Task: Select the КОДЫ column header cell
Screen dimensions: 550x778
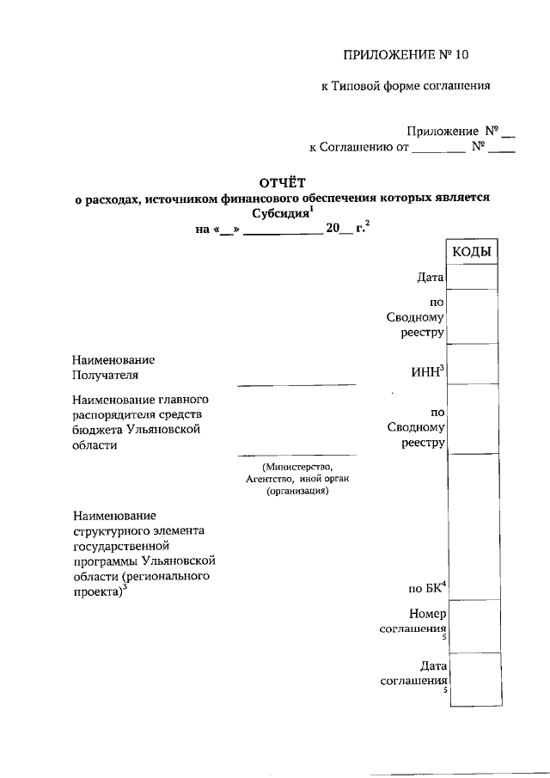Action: point(472,252)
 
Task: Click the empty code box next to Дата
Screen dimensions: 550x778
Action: point(472,277)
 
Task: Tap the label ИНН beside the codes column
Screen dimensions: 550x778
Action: point(428,371)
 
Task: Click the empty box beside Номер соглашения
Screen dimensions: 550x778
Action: point(472,626)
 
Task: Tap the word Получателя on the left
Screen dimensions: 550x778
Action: point(106,375)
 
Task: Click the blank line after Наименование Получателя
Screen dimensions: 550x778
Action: point(296,383)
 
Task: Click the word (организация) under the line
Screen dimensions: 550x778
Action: point(297,492)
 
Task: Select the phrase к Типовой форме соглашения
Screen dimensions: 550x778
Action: point(405,86)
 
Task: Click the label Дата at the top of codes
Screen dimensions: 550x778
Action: point(429,278)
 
